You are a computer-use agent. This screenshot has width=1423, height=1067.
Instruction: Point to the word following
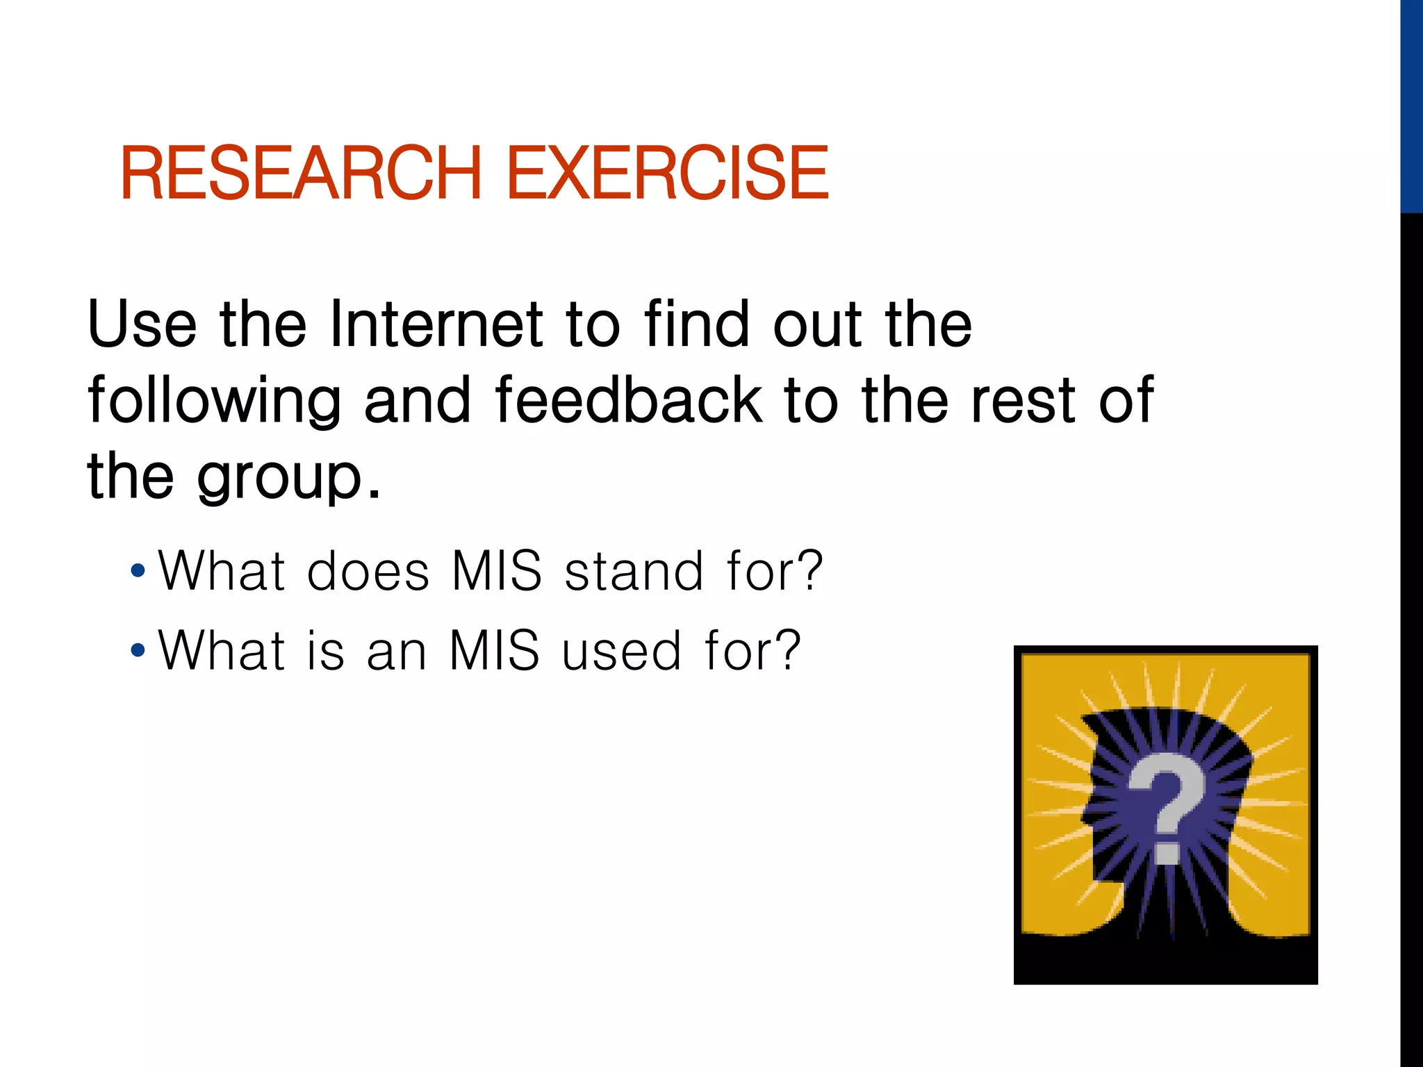214,402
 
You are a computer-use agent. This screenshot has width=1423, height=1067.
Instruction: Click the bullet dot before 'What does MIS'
138,571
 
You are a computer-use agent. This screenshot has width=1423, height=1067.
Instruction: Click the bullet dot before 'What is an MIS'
138,651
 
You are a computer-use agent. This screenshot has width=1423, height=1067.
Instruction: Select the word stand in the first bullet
634,571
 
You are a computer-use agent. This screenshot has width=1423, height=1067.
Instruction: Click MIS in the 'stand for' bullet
496,571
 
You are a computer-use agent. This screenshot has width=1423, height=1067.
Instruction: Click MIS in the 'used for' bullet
494,651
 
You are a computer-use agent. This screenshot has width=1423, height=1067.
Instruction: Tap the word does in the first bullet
368,571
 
